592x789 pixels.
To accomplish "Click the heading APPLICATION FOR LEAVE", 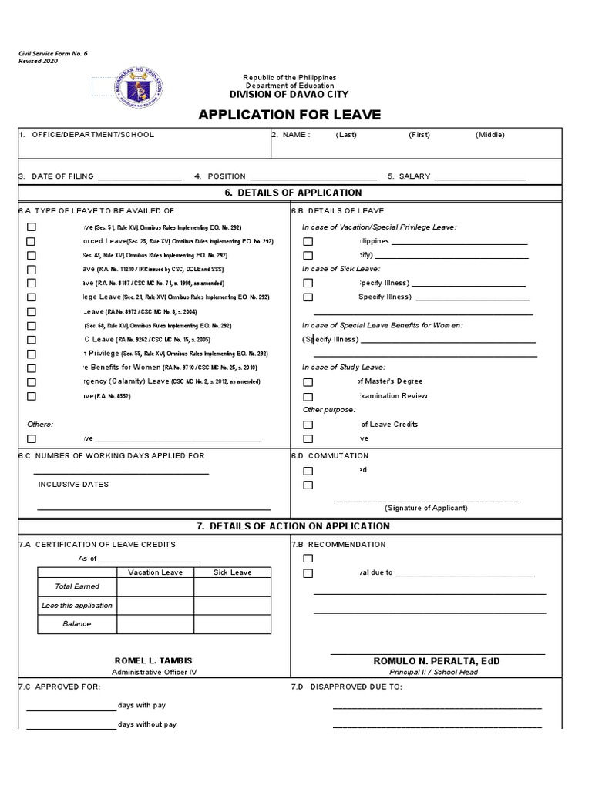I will click(289, 116).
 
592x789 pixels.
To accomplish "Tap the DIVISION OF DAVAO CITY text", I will click(289, 94).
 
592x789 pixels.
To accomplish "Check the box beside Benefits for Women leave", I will click(32, 368).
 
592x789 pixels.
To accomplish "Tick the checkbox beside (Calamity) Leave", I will click(32, 382).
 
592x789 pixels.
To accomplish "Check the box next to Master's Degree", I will click(308, 382).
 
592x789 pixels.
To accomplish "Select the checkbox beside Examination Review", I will click(308, 396).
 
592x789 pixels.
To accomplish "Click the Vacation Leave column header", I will click(155, 572).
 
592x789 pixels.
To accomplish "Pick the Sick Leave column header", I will click(232, 572).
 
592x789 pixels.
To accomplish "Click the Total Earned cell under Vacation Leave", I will click(155, 586).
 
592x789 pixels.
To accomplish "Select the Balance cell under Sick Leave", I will click(232, 624).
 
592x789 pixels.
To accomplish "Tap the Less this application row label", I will click(77, 606).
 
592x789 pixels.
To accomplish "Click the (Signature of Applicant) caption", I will click(426, 509).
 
